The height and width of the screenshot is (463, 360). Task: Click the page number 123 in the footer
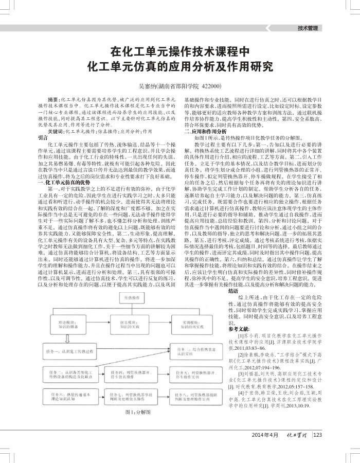click(x=318, y=449)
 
